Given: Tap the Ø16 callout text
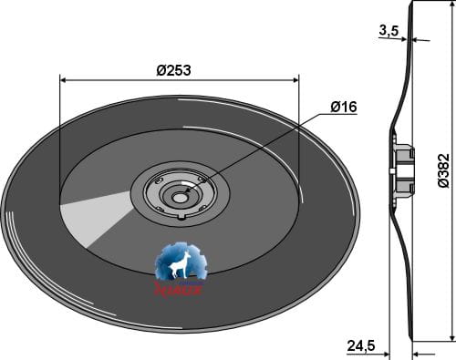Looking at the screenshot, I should [x=343, y=108].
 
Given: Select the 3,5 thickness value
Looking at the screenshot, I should [x=389, y=31].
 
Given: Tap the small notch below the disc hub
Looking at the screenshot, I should [x=182, y=217].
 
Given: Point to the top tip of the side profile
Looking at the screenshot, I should [x=412, y=4].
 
